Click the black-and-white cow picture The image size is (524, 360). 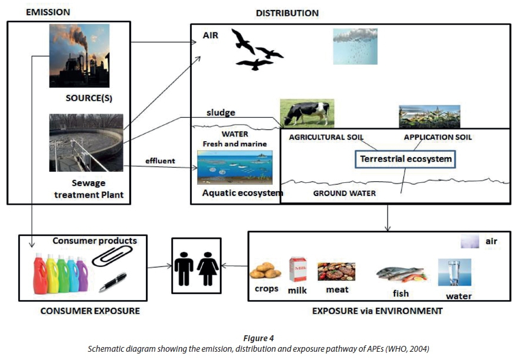306,112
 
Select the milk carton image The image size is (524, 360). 297,271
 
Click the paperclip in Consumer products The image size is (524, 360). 115,255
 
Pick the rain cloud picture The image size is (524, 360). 355,46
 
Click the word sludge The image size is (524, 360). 221,112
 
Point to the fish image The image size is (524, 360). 400,274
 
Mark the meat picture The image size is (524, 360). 336,271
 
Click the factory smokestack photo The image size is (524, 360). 79,55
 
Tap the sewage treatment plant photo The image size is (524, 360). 86,142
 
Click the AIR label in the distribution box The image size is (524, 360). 211,35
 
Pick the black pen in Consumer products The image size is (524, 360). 113,282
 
